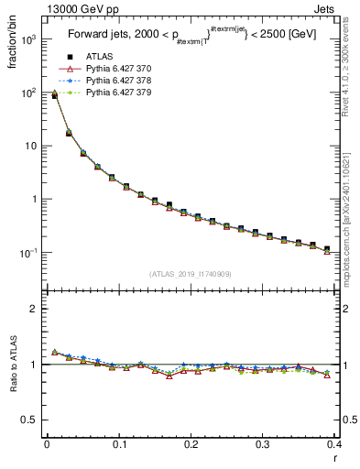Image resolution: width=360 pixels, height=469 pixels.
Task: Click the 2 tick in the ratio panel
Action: coord(35,309)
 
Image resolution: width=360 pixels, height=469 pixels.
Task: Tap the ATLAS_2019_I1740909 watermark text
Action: coord(190,274)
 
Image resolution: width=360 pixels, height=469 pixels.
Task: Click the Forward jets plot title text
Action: coord(190,37)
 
